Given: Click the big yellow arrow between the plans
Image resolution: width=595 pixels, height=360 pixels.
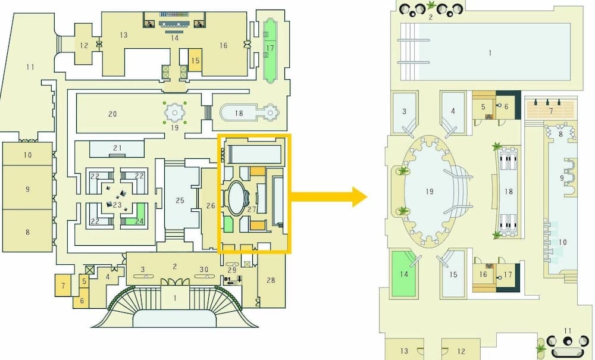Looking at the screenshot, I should coord(331,196).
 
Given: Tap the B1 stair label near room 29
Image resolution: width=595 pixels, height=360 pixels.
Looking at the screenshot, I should coord(227,278).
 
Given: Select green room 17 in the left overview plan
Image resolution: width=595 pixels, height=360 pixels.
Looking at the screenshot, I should coord(270,48).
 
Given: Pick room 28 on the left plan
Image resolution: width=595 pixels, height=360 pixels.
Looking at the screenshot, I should coord(271,279).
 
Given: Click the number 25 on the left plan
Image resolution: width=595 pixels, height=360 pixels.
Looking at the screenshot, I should coord(179,201).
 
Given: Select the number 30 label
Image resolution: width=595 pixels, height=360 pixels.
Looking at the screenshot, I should coord(204,270).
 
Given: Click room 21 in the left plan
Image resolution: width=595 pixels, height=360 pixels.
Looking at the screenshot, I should coord(117,148).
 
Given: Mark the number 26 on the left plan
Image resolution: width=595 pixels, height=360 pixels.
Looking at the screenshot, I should coord(210,206).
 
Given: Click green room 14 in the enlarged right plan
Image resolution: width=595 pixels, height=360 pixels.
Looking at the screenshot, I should coord(405,274).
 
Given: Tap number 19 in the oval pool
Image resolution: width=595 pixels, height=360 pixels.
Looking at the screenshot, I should coord(430,192).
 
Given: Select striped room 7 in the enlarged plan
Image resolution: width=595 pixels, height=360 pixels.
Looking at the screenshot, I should coord(550,110).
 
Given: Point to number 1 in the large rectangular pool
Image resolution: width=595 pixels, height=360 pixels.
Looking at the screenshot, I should coord(490,53).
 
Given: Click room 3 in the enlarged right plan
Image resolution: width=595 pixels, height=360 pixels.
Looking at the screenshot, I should coord(403,111).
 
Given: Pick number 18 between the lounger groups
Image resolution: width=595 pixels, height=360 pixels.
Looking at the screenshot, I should coord(508,192).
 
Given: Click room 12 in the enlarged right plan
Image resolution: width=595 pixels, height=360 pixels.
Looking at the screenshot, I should coord(461,351).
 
